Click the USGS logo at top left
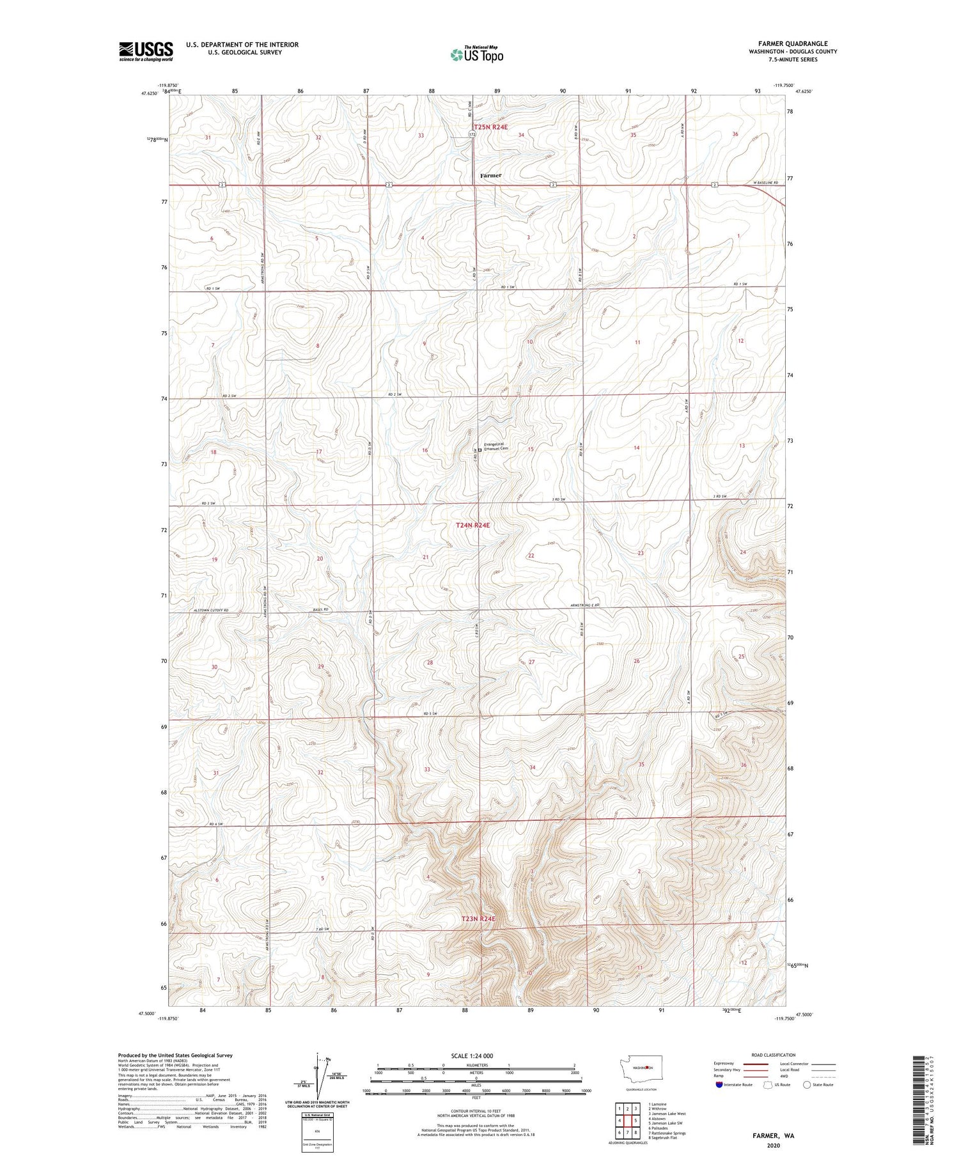[146, 51]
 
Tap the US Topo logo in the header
[476, 55]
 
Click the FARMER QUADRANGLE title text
[793, 43]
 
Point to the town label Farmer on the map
[491, 175]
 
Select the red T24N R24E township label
[473, 525]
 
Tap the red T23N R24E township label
[478, 919]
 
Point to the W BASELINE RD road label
[766, 183]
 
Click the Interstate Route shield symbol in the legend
[719, 1085]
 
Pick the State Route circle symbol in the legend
[807, 1085]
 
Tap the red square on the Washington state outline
[648, 1067]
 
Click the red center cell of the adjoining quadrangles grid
[627, 1121]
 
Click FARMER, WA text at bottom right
[772, 1136]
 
